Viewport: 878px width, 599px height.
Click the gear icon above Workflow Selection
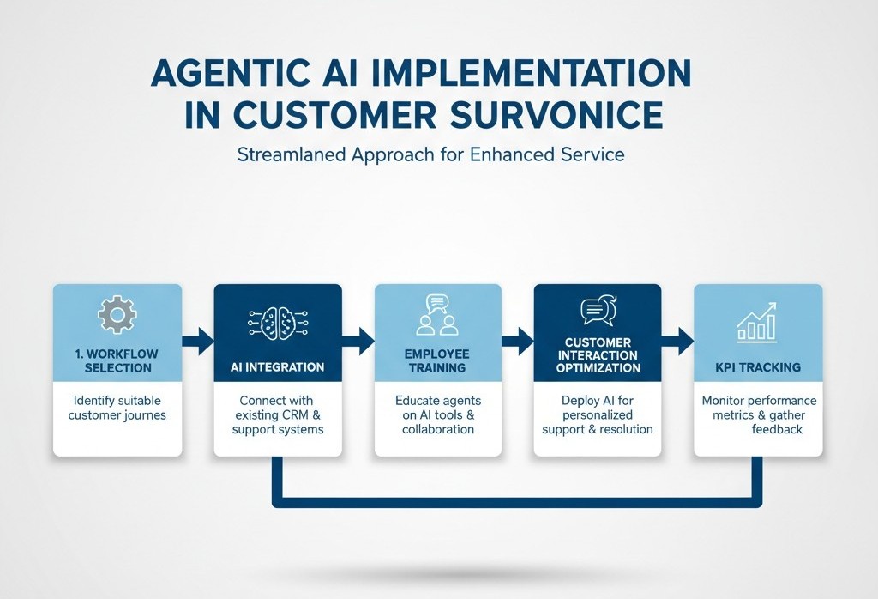click(x=117, y=315)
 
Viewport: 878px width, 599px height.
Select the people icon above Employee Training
click(x=437, y=315)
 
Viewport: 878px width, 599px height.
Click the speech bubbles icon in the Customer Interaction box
click(x=598, y=310)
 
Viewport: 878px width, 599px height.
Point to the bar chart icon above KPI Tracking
click(x=757, y=322)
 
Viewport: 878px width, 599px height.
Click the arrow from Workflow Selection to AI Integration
click(x=198, y=340)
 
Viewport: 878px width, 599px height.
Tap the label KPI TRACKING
click(x=758, y=367)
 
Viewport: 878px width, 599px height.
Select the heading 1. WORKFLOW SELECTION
click(x=117, y=360)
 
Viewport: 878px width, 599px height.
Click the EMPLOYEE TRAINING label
click(x=437, y=360)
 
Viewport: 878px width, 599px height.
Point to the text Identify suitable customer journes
click(x=117, y=408)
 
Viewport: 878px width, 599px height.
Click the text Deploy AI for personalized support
click(x=598, y=415)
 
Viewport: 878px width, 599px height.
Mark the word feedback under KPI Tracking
click(x=777, y=429)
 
